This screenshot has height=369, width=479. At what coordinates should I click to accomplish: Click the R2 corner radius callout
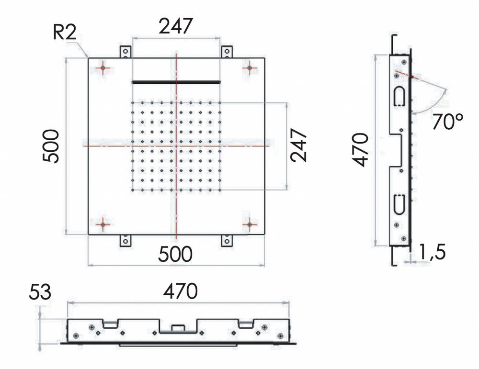(x=65, y=33)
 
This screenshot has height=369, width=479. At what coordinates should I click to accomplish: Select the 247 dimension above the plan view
(x=176, y=26)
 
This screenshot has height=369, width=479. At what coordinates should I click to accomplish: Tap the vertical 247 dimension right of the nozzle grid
(x=298, y=145)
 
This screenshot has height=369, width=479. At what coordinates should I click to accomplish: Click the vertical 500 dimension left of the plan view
(x=51, y=146)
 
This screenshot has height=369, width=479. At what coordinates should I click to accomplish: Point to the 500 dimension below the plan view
(x=175, y=254)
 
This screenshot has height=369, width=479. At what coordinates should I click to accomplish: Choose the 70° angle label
(x=448, y=122)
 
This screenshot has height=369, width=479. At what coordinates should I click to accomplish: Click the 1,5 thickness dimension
(x=432, y=252)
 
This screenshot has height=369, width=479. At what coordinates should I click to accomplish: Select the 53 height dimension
(x=40, y=292)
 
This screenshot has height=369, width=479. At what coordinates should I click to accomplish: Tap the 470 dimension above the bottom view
(x=180, y=291)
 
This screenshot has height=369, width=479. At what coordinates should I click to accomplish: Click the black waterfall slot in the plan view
(x=176, y=82)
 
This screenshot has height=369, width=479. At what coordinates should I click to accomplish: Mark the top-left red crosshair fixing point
(x=103, y=68)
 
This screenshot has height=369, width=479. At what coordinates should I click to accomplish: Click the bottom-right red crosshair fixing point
(x=250, y=224)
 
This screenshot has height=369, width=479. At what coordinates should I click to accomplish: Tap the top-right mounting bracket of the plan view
(x=227, y=52)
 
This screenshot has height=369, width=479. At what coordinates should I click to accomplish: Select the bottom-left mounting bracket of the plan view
(x=125, y=241)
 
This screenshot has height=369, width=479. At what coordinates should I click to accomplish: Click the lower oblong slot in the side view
(x=400, y=204)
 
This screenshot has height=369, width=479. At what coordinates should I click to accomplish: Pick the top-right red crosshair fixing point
(x=250, y=68)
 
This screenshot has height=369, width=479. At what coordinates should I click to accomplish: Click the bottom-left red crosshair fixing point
(x=103, y=224)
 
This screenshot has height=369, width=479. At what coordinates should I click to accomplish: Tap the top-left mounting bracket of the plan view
(x=125, y=52)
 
